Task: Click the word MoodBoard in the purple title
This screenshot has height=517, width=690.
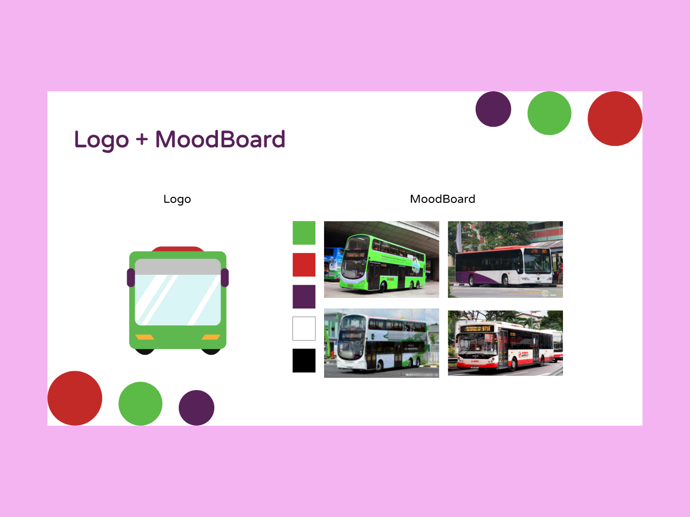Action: coord(220,139)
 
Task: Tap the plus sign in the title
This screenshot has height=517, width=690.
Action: coord(142,139)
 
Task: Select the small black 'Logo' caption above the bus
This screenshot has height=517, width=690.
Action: coord(177,199)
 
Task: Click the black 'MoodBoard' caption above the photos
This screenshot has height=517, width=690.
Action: coord(442,199)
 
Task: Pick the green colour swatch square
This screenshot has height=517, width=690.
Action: coord(304,233)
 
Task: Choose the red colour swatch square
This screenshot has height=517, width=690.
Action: coord(304,265)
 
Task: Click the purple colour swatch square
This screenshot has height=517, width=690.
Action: coord(304,297)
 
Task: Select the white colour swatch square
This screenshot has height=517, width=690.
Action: coord(304,328)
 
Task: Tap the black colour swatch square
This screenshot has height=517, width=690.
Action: coord(304,360)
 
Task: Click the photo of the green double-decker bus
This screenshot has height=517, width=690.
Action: coord(381,259)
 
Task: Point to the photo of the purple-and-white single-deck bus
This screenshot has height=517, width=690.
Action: coord(505,259)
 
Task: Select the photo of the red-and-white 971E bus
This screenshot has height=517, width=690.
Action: coord(505,343)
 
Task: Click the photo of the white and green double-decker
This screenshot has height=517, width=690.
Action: coord(381,343)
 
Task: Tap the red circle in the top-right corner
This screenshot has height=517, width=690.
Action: coord(614,118)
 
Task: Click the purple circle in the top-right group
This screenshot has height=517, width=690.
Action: coord(493,109)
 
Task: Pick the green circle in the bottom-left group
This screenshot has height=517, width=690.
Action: coord(140,403)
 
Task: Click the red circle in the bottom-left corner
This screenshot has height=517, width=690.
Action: coord(75,398)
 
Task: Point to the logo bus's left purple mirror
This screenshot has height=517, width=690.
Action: coord(131,278)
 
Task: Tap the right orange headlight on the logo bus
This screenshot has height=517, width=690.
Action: coord(211,337)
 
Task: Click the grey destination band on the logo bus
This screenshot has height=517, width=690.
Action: coord(178,267)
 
